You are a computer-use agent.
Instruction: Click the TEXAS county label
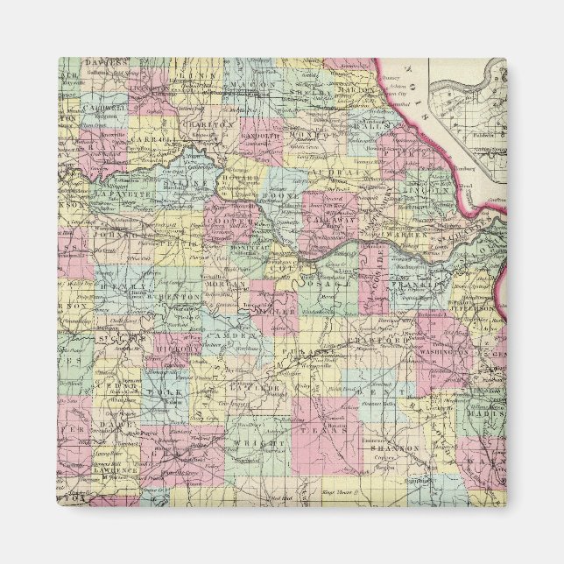coord(313,431)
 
